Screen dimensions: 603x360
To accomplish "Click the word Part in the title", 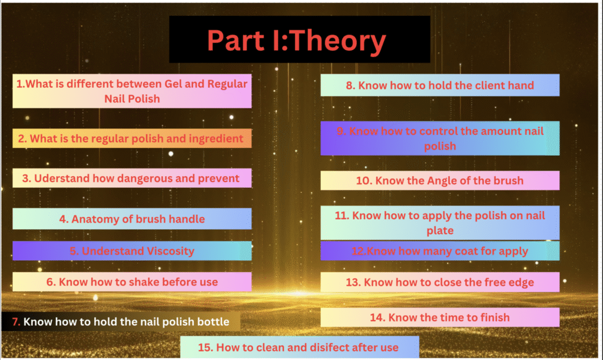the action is click(236, 41).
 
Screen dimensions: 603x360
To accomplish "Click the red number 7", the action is click(16, 322).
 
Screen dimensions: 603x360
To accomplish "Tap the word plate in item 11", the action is click(440, 230).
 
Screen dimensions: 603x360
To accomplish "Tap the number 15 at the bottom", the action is click(205, 347).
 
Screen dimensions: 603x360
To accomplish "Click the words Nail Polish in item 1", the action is click(132, 99).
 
